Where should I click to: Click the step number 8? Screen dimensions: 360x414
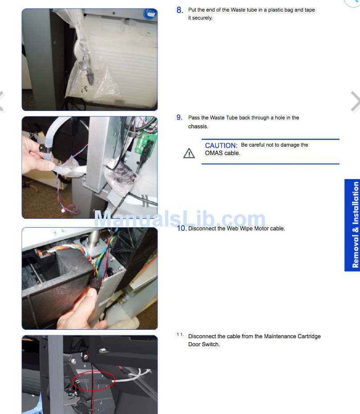(x=180, y=10)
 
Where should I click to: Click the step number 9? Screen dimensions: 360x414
(x=180, y=118)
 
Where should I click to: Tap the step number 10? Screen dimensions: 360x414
(x=182, y=228)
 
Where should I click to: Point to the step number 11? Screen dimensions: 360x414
(x=180, y=335)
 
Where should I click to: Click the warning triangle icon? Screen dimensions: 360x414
(x=189, y=153)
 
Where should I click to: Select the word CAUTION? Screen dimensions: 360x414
(x=221, y=145)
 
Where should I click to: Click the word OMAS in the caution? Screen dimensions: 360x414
(x=214, y=153)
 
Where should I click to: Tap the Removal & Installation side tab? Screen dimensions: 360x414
(x=352, y=225)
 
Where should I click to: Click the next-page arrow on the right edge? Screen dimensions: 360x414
(x=355, y=102)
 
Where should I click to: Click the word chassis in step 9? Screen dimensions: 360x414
(x=198, y=127)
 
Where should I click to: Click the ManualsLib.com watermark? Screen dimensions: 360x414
(x=180, y=219)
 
